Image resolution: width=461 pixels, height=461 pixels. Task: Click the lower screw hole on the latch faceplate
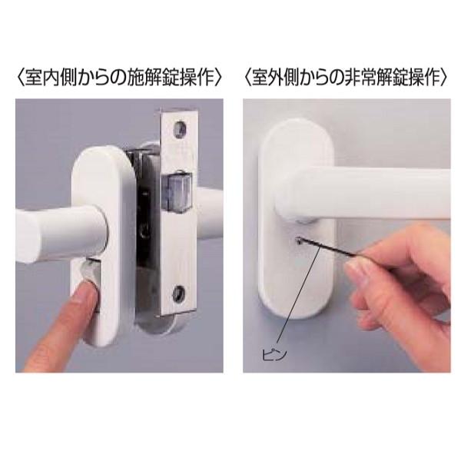181,291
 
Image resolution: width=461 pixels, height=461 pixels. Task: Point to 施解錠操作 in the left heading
164,78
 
